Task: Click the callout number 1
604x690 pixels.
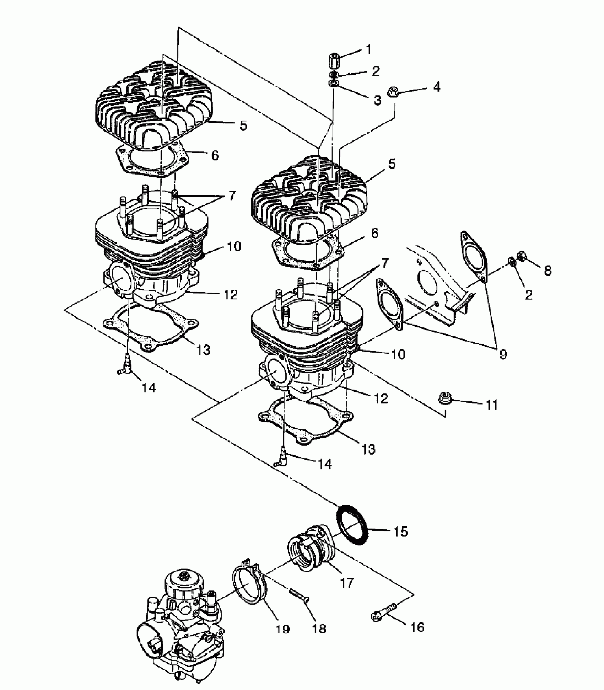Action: coord(368,49)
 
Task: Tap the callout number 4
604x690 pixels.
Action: coord(437,86)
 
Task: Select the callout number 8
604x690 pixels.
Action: coord(548,271)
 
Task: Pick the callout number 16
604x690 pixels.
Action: coord(417,627)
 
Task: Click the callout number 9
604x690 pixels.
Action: coord(503,354)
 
